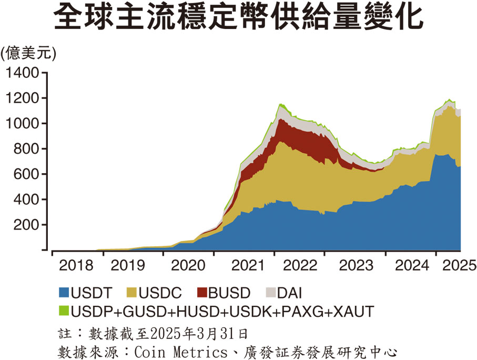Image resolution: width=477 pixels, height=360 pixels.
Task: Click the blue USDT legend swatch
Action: (x=64, y=293)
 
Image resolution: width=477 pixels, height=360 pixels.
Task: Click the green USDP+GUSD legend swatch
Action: (x=64, y=311)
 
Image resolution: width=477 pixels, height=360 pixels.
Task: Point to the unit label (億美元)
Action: (x=29, y=53)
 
